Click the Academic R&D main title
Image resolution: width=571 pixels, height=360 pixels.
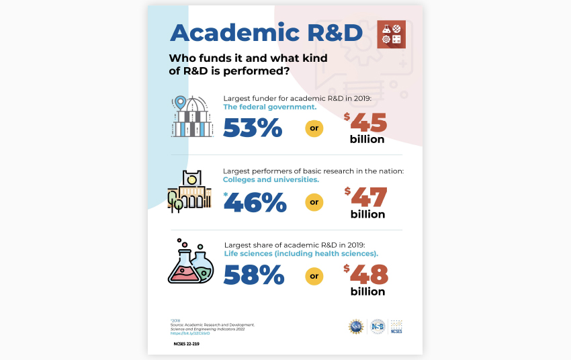click(x=266, y=32)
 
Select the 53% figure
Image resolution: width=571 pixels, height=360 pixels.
click(x=253, y=127)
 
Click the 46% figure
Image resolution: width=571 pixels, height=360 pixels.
click(x=256, y=201)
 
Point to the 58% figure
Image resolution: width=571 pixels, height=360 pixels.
click(x=253, y=275)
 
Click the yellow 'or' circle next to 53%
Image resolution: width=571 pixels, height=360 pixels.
click(x=314, y=128)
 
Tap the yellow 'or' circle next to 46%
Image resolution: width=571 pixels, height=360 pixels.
click(x=314, y=201)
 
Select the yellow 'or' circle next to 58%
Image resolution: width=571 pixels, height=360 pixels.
click(x=314, y=275)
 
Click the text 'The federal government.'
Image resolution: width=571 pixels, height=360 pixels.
click(x=269, y=107)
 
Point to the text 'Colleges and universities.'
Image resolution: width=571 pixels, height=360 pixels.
click(x=271, y=180)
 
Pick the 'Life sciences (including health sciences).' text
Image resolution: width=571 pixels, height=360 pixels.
click(x=301, y=253)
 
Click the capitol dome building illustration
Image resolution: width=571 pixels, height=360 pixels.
click(x=192, y=117)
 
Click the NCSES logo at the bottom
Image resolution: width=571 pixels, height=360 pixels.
click(x=395, y=326)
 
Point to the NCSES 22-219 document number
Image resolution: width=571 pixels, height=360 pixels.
click(x=186, y=343)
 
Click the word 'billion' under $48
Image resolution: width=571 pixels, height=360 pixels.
click(x=367, y=291)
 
